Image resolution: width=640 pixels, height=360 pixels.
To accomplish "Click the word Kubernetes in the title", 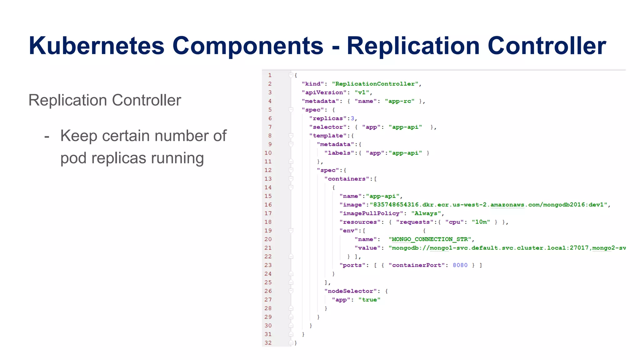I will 96,46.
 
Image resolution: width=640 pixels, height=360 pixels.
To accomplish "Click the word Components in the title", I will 247,46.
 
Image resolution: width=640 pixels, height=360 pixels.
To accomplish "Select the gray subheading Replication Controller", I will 105,100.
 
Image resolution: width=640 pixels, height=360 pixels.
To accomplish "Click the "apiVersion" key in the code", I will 324,92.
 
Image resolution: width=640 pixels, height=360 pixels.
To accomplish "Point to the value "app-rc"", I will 400,101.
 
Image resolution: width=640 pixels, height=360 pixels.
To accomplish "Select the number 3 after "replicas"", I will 352,118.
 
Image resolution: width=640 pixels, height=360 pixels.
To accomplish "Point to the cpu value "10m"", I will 481,222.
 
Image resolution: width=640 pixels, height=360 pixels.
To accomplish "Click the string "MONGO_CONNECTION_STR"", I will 430,239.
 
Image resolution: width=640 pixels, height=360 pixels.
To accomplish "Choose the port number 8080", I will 460,265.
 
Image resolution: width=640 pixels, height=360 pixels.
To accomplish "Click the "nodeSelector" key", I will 350,291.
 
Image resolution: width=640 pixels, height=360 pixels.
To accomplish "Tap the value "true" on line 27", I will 369,300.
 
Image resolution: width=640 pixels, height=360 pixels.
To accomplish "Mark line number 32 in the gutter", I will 268,343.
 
